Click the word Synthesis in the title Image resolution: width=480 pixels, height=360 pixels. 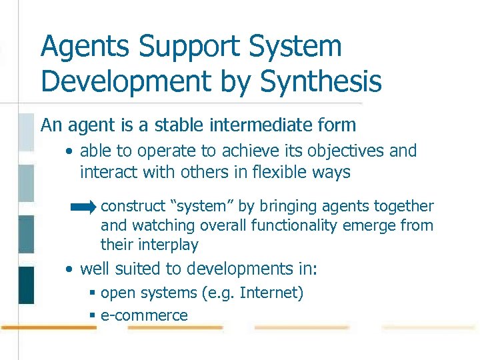(321, 81)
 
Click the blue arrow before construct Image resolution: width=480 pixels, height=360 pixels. (84, 208)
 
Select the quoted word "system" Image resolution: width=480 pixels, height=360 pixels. (202, 207)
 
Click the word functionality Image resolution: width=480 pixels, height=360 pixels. (297, 226)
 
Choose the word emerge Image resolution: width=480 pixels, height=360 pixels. (374, 226)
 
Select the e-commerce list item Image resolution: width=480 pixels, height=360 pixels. (144, 315)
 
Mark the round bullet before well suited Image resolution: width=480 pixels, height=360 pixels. (69, 270)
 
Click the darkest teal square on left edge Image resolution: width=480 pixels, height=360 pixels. (26, 285)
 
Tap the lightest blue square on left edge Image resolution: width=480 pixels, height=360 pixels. (26, 132)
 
